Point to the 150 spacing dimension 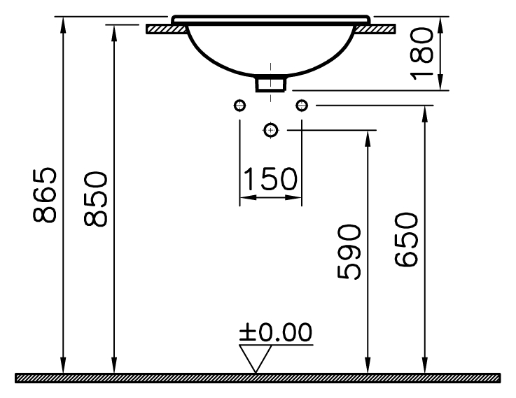coord(270,179)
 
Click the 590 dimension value coord(348,252)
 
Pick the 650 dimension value coord(407,239)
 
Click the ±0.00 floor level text coord(275,333)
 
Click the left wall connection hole coord(240,105)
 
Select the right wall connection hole coord(302,105)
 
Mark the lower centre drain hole coord(271,129)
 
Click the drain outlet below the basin coord(271,83)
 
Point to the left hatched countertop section coord(166,29)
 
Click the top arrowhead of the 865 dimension coord(64,20)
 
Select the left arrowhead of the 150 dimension coord(245,197)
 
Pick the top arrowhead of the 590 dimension coord(368,134)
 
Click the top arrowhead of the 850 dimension coord(113,29)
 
